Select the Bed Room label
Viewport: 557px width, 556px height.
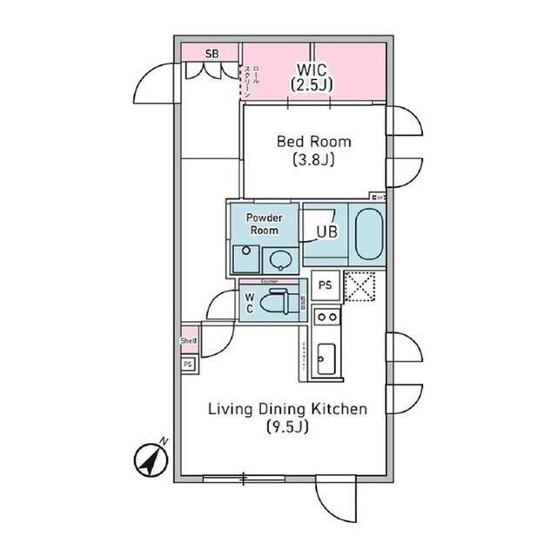pos(314,142)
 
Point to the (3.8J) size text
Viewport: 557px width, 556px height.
pos(314,160)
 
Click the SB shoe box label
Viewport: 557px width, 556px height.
pos(211,54)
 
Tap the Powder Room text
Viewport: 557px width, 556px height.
pos(264,224)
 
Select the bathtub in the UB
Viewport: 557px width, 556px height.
pos(368,233)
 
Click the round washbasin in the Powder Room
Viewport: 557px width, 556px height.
pos(278,258)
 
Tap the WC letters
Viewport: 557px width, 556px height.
pos(249,304)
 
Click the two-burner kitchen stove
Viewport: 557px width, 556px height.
pos(326,318)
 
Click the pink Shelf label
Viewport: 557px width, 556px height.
pos(189,340)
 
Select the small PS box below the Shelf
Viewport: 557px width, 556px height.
pos(187,365)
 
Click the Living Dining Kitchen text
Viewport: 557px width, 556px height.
pos(286,409)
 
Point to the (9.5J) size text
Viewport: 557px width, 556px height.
pos(286,427)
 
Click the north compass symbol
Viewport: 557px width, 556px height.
pos(151,459)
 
